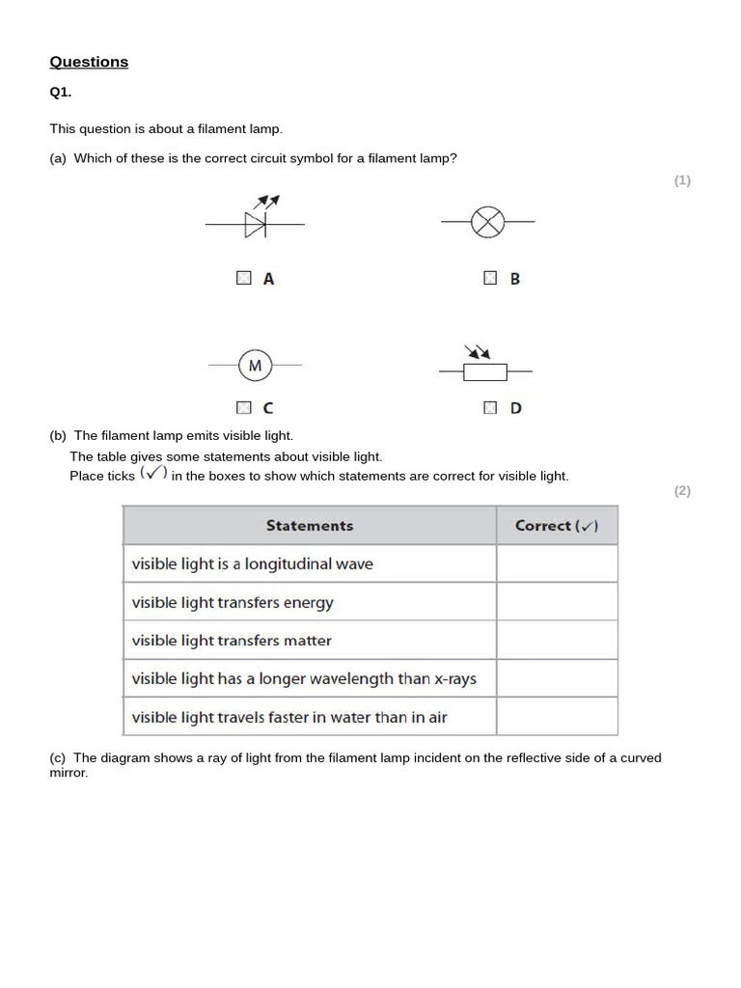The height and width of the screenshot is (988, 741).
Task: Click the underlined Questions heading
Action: [x=89, y=62]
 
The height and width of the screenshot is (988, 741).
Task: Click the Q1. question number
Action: [x=61, y=93]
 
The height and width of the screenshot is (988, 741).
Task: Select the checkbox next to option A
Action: [x=243, y=278]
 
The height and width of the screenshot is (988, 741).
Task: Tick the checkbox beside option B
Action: [x=490, y=278]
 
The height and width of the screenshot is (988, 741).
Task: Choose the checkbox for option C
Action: [x=243, y=407]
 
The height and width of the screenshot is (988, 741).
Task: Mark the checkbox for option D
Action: [x=490, y=407]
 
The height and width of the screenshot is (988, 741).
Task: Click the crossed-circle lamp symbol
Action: [x=487, y=223]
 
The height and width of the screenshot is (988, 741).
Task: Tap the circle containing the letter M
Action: [x=255, y=366]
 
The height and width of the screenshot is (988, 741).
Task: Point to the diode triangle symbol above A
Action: [x=255, y=225]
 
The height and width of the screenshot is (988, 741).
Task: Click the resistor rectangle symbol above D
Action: [x=484, y=371]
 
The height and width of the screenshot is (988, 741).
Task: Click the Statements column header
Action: [x=310, y=526]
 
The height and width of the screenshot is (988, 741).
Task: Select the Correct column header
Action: [x=557, y=526]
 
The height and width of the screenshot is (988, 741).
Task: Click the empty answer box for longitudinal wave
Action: [x=557, y=563]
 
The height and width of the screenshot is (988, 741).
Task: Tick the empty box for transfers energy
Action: [x=557, y=602]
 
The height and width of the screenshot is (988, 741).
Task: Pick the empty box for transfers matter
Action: [x=557, y=640]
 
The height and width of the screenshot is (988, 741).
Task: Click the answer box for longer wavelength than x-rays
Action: [x=557, y=678]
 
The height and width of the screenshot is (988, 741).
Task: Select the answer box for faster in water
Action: [x=557, y=717]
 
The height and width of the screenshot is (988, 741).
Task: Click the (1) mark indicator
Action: [x=682, y=180]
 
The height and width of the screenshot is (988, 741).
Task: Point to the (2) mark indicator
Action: [x=682, y=490]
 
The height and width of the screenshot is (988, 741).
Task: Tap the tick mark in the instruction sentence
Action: [x=153, y=473]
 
